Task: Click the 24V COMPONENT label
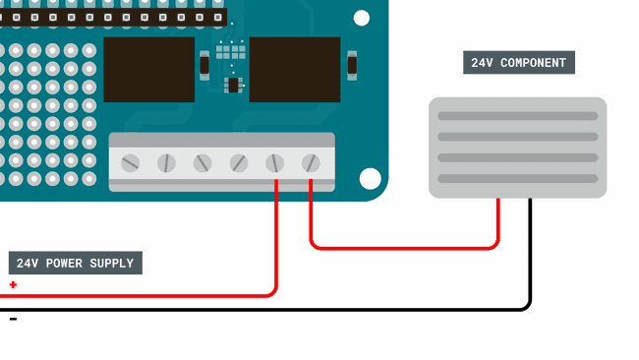(x=518, y=63)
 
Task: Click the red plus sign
(x=13, y=285)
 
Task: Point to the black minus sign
(x=13, y=319)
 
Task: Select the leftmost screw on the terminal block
(x=130, y=162)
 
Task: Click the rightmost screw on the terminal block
(x=311, y=162)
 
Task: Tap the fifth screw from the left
(x=275, y=162)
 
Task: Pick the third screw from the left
(x=203, y=162)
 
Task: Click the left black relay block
(x=148, y=69)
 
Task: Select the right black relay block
(x=294, y=69)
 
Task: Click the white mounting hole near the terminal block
(x=370, y=178)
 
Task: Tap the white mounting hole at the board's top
(x=362, y=18)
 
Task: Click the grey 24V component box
(x=517, y=147)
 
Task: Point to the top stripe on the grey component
(x=517, y=116)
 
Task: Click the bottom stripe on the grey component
(x=517, y=178)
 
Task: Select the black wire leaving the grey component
(x=531, y=256)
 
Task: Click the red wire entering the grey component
(x=498, y=221)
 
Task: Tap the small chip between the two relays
(x=233, y=86)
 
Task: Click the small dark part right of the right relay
(x=352, y=66)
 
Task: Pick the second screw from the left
(x=166, y=162)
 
